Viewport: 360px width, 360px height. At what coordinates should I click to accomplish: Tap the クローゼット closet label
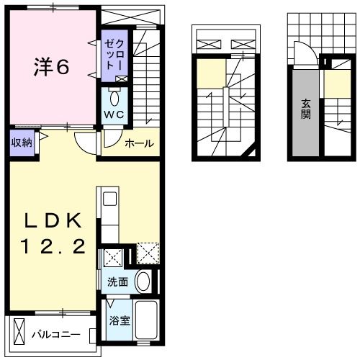click(113, 54)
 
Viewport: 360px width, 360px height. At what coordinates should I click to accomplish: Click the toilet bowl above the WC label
click(114, 98)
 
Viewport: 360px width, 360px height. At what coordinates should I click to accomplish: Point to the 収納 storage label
click(21, 141)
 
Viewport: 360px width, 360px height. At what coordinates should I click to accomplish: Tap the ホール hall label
click(139, 144)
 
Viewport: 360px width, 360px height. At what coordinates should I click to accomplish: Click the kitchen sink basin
click(109, 199)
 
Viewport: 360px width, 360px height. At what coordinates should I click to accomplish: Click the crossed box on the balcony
click(19, 335)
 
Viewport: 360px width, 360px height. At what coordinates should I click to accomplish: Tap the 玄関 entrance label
click(305, 107)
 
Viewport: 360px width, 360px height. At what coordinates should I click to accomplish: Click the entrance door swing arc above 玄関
click(302, 53)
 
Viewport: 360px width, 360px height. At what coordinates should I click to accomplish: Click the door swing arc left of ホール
click(88, 141)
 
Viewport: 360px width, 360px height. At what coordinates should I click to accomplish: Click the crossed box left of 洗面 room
click(112, 258)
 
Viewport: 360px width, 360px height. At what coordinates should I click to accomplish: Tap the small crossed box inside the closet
click(120, 79)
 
